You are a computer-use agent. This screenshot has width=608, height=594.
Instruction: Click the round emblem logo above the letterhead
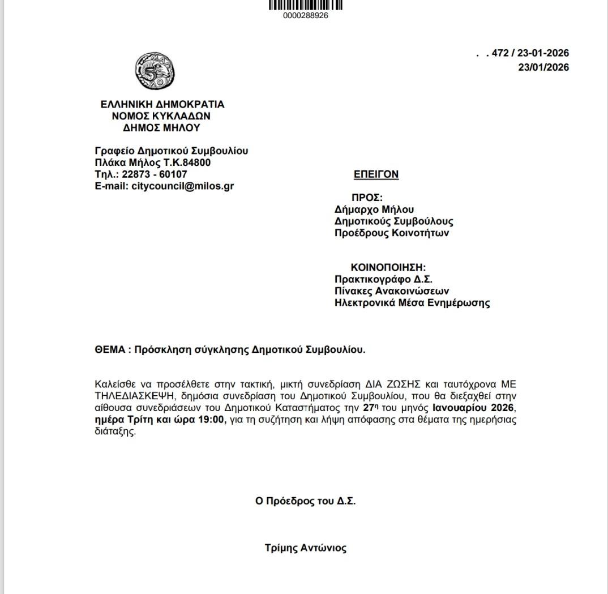155,71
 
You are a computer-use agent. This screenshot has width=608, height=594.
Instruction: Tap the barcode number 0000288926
305,16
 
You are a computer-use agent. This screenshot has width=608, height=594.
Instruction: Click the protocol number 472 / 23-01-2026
530,53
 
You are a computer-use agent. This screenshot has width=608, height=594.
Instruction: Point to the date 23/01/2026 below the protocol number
543,67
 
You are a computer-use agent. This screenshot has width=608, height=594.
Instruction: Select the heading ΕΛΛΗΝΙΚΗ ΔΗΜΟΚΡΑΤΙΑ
162,104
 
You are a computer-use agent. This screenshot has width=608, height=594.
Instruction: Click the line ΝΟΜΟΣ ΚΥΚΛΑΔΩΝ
162,116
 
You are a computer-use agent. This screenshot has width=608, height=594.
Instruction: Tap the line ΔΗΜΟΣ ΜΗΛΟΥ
162,128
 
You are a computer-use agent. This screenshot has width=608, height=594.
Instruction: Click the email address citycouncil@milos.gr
182,186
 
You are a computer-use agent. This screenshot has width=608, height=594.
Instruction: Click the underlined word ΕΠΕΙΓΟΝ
376,174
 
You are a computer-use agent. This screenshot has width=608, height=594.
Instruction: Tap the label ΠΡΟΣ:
367,198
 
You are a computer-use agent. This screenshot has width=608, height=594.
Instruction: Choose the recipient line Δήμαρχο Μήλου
374,210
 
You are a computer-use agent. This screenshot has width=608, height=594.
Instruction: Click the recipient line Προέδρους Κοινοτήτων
392,233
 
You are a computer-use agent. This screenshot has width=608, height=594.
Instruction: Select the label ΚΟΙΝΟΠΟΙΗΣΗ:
388,267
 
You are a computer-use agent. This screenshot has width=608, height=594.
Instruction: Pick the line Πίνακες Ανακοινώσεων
392,291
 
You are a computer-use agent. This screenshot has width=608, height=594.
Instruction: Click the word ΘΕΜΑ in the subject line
109,349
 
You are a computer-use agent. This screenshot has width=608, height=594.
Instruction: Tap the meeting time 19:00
215,420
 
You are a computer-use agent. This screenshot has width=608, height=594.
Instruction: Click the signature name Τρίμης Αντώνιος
305,548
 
